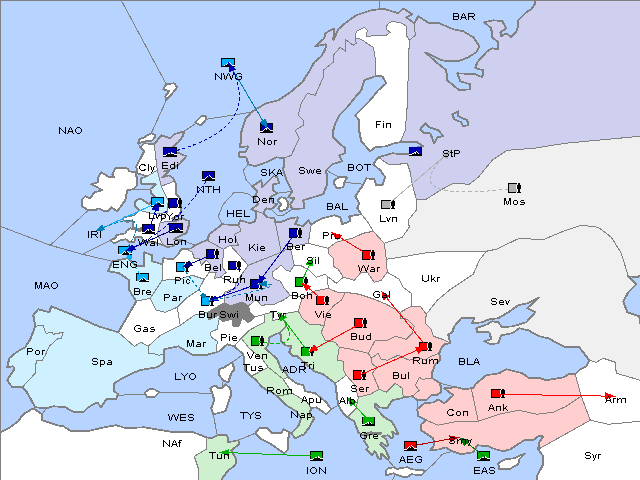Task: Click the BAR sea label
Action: [464, 17]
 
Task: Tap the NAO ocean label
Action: [70, 131]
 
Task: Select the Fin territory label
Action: [383, 125]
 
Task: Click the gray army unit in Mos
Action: [514, 187]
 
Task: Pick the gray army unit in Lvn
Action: [388, 205]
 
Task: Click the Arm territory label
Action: [616, 400]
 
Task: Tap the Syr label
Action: [593, 455]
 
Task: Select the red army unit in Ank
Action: [498, 393]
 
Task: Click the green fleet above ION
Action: [317, 456]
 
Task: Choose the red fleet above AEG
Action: [410, 445]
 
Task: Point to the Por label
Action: [36, 352]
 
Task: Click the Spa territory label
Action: [102, 362]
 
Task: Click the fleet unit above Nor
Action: [267, 127]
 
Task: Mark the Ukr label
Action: [430, 279]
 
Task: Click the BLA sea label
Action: [469, 361]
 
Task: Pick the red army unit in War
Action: [369, 255]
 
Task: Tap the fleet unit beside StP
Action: [415, 152]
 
